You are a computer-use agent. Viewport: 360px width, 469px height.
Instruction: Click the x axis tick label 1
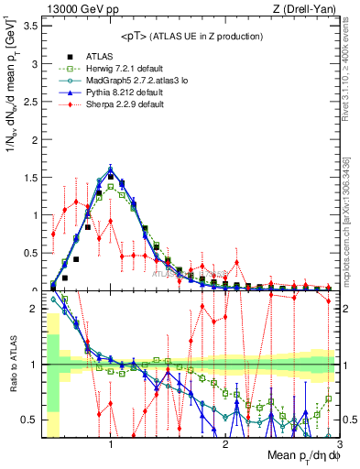pos(111,444)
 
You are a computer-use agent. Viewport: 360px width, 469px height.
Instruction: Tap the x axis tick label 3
pos(338,444)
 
